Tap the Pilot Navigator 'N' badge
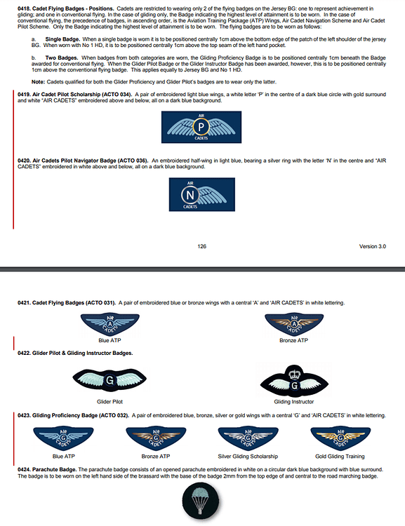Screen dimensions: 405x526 [201, 195]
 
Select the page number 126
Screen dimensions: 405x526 [201, 246]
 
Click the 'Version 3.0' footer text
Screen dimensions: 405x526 [372, 246]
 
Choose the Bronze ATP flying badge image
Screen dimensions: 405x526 [293, 325]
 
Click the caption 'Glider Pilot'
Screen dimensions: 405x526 [111, 402]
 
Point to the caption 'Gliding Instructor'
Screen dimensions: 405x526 [293, 402]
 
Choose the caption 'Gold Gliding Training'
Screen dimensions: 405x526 [340, 457]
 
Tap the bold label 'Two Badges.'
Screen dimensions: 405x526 [62, 58]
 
